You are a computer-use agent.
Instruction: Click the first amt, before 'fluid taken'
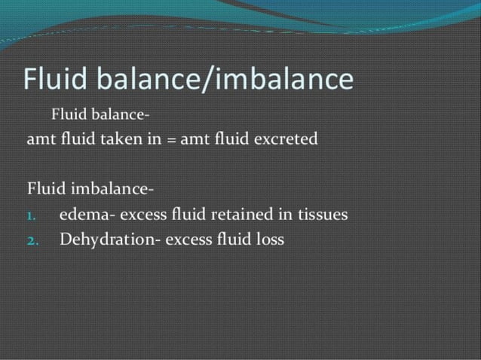pyautogui.click(x=41, y=140)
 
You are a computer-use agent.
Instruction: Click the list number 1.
pyautogui.click(x=32, y=215)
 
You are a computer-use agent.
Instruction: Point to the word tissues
pyautogui.click(x=322, y=215)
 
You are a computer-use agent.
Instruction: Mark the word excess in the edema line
pyautogui.click(x=144, y=215)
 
